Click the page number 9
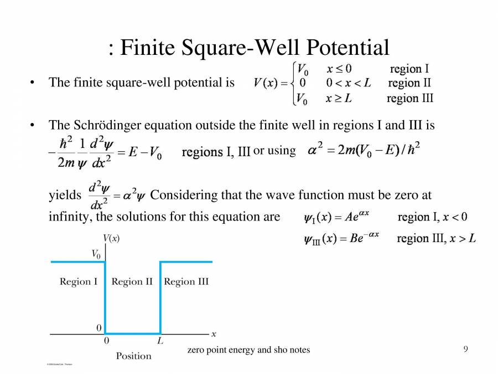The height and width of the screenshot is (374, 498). pyautogui.click(x=466, y=349)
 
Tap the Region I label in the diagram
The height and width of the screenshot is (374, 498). pyautogui.click(x=79, y=281)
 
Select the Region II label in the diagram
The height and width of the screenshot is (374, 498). pyautogui.click(x=132, y=281)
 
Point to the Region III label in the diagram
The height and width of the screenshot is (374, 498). pyautogui.click(x=186, y=281)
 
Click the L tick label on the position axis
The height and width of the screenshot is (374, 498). pyautogui.click(x=160, y=341)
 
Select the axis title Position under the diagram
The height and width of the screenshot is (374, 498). pyautogui.click(x=133, y=356)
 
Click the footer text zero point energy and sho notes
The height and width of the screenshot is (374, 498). pyautogui.click(x=248, y=350)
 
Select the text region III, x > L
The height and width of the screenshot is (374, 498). pyautogui.click(x=437, y=239)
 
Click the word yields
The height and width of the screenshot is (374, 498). pyautogui.click(x=65, y=195)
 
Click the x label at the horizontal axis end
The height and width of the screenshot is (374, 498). pyautogui.click(x=214, y=334)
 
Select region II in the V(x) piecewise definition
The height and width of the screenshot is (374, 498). pyautogui.click(x=409, y=84)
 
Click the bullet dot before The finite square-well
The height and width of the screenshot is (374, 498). pyautogui.click(x=33, y=83)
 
